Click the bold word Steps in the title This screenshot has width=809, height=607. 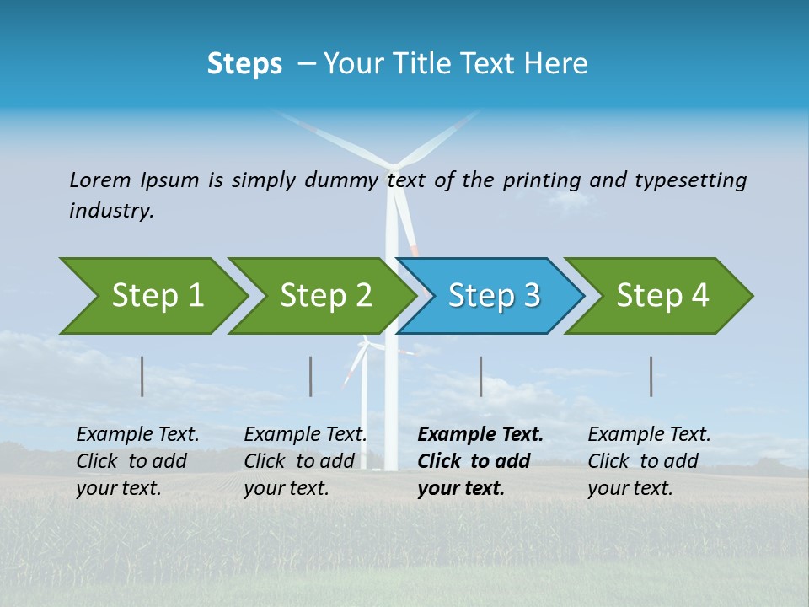point(244,64)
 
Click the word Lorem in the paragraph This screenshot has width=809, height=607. point(100,180)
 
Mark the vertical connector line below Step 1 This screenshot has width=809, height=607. point(142,376)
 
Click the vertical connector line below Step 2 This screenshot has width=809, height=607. point(311,376)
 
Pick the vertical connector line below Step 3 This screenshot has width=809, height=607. point(481,376)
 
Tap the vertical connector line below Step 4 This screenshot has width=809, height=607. point(651,376)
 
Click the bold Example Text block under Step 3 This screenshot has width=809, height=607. point(480,461)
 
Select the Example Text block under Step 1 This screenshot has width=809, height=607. point(137,461)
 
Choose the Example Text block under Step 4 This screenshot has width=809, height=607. point(649,461)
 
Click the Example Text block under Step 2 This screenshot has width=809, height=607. point(305,461)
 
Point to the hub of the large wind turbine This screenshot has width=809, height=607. point(392,163)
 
